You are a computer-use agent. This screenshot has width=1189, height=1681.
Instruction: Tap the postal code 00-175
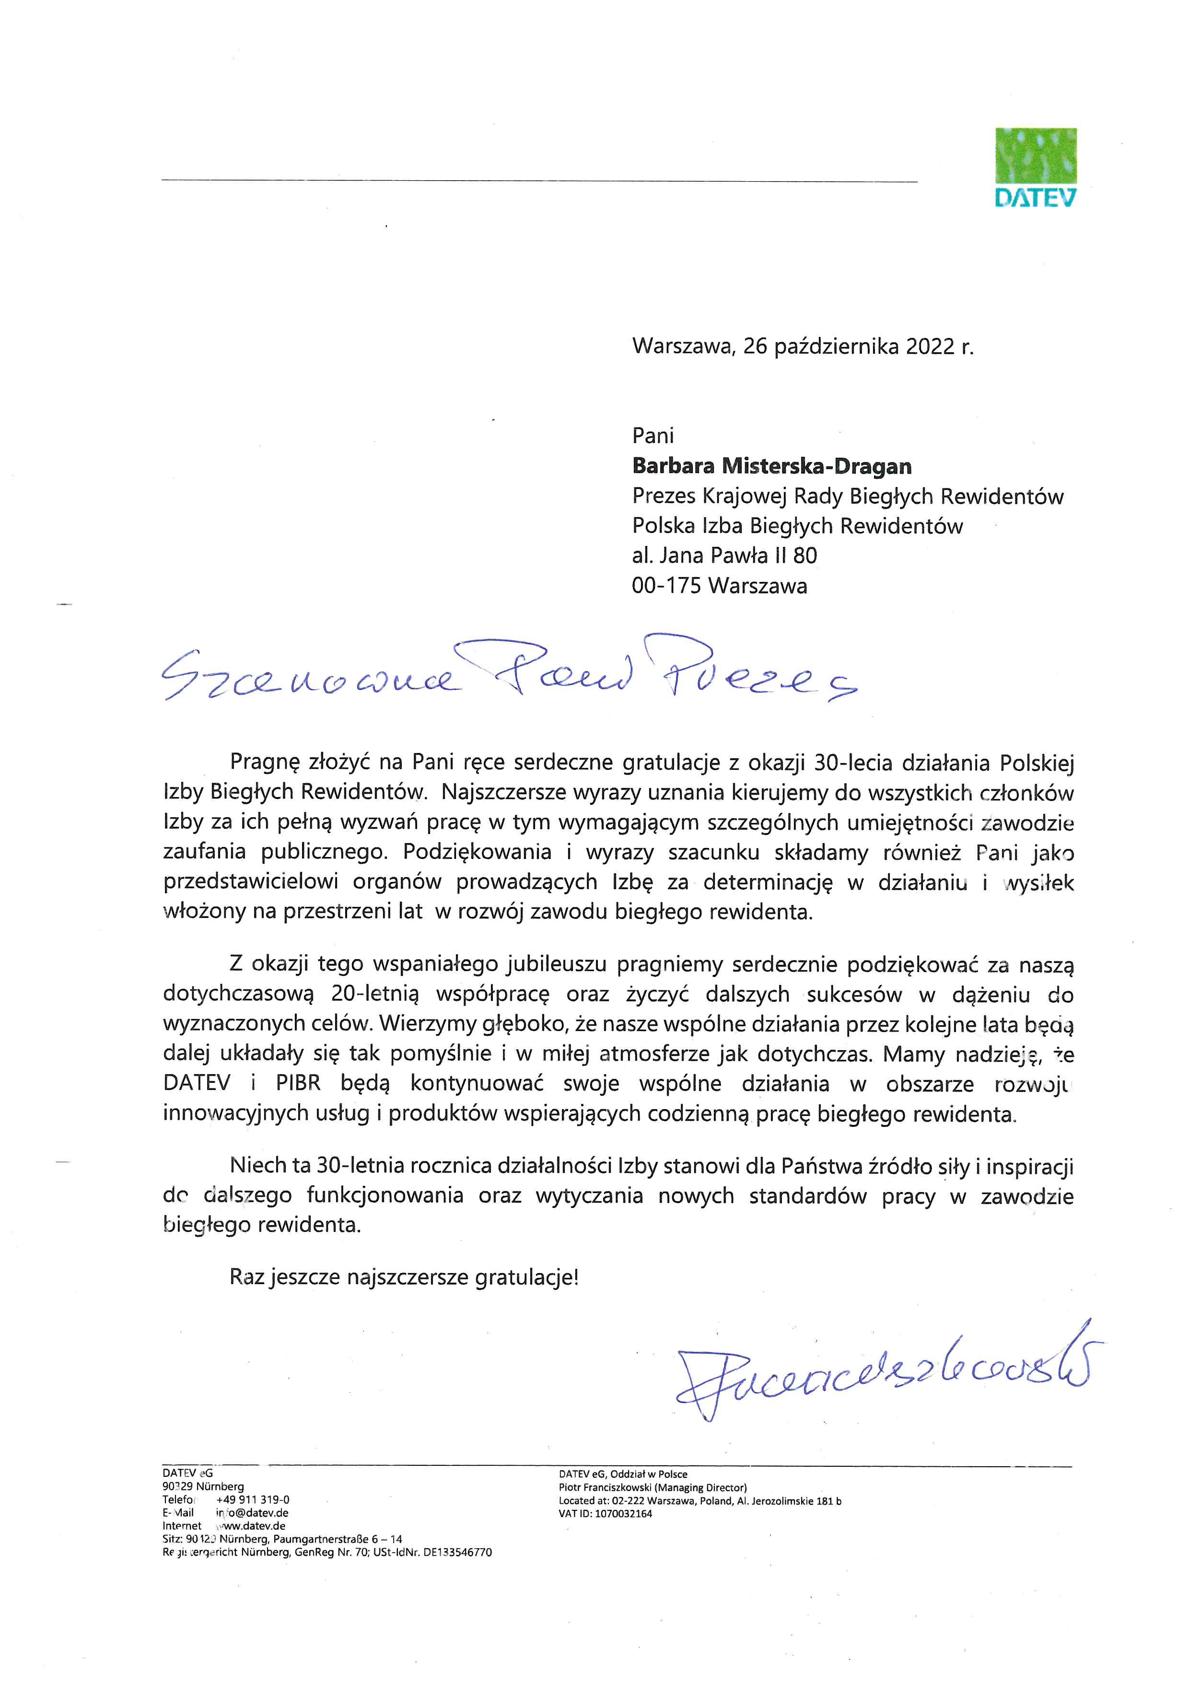pos(666,586)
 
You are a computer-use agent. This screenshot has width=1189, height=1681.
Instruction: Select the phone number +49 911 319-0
pos(253,1499)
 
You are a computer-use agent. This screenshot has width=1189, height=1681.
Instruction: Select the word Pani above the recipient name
pos(653,436)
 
